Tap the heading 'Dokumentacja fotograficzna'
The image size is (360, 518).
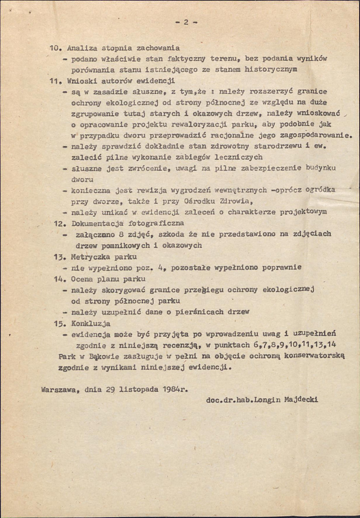pos(128,223)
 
